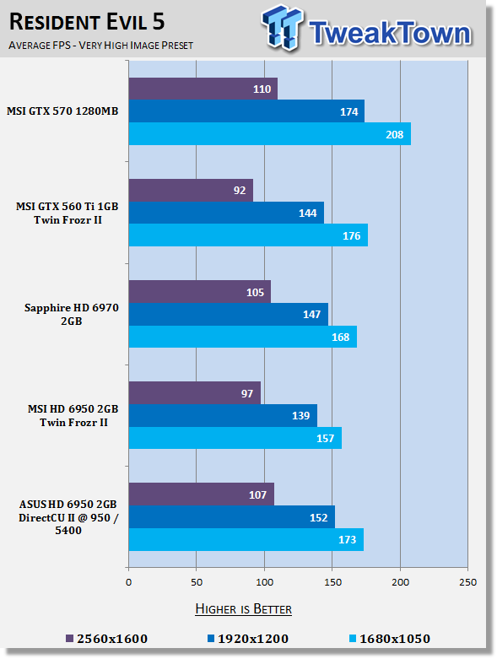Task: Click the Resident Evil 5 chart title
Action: [87, 22]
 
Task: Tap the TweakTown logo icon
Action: [282, 27]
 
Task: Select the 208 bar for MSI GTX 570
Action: [270, 134]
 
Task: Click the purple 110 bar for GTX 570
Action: [203, 89]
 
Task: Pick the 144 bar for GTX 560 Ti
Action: [226, 213]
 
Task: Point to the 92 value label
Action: [240, 191]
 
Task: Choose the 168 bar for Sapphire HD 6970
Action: [243, 337]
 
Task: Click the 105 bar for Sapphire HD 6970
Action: [199, 292]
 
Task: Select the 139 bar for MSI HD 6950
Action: [223, 415]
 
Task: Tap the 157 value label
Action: [325, 439]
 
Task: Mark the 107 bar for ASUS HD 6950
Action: [201, 494]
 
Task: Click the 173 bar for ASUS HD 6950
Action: [246, 540]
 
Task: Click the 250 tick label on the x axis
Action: [468, 582]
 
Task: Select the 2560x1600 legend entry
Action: [106, 639]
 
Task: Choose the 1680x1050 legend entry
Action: [390, 639]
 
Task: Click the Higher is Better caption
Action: [244, 609]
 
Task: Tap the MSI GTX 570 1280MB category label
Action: [62, 111]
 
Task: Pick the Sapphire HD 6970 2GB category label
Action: [72, 315]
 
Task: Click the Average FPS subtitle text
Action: [100, 45]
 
